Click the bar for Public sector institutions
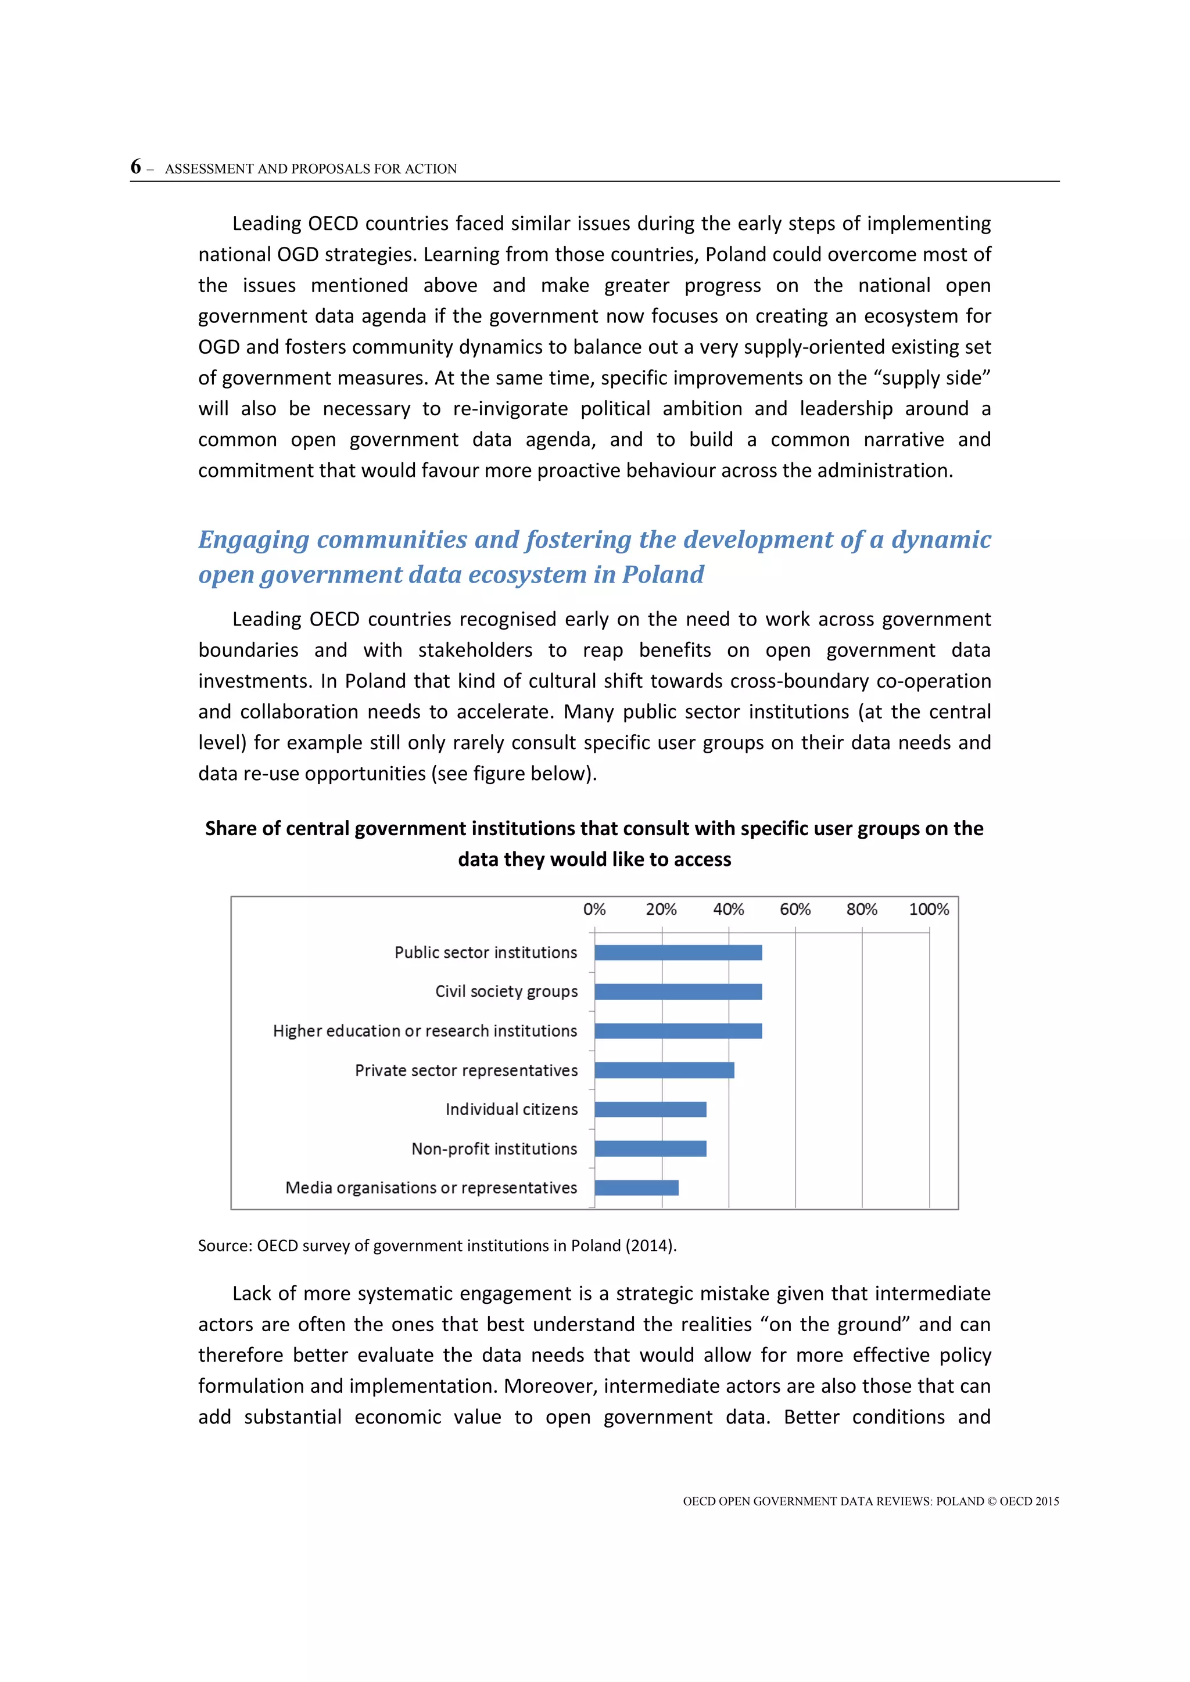(x=678, y=953)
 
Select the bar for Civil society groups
(x=678, y=992)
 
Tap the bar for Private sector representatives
(x=664, y=1070)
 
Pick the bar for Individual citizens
(x=650, y=1109)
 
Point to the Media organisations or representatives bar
(x=636, y=1188)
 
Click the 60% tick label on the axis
(x=795, y=909)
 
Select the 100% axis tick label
(x=929, y=909)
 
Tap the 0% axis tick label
(x=594, y=909)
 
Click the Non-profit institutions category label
(x=494, y=1149)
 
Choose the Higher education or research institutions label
(x=425, y=1031)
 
